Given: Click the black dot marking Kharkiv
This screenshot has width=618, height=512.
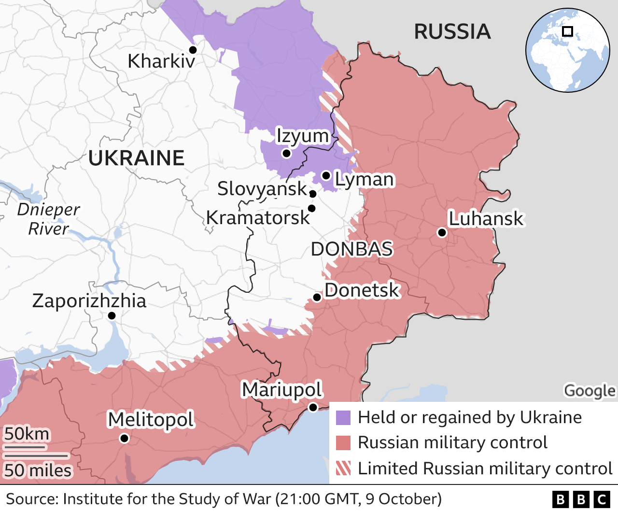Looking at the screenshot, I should click(x=193, y=50).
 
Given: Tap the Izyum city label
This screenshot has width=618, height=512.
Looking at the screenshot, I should click(x=302, y=136).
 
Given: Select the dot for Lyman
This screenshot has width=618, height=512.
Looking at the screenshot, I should click(x=326, y=175).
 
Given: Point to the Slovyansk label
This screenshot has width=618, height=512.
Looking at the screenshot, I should click(x=262, y=189).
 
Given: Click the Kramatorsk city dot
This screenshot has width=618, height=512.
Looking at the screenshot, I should click(x=311, y=208).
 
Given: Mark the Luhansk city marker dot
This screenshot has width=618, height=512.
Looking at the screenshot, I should click(x=441, y=232).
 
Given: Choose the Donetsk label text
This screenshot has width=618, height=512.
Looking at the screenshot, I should click(x=362, y=290).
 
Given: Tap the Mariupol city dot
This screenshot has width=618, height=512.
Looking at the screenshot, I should click(x=313, y=407).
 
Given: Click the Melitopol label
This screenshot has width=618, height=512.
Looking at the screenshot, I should click(x=151, y=419).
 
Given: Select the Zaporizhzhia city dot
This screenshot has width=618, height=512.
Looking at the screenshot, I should click(x=112, y=315).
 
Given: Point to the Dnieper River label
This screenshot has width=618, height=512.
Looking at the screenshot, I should click(x=48, y=219).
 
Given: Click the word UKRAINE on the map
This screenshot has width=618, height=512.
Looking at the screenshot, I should click(x=136, y=158).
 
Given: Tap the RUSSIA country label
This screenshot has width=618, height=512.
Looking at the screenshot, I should click(x=452, y=32).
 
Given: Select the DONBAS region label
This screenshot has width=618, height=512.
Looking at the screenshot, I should click(x=351, y=249).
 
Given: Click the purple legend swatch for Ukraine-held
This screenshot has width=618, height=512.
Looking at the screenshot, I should click(x=343, y=418).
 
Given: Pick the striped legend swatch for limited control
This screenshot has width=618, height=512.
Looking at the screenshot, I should click(x=343, y=468).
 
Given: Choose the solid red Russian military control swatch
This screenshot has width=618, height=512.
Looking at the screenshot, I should click(x=343, y=443).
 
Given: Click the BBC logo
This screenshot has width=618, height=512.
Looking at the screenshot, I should click(x=581, y=499).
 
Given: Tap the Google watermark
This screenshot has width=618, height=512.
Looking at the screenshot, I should click(x=590, y=390).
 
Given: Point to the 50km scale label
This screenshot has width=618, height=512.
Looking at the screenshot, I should click(x=27, y=434).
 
